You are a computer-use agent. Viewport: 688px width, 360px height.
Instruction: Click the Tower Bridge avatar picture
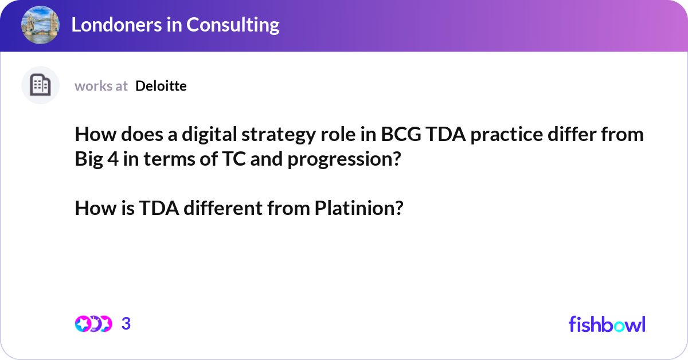tap(40, 25)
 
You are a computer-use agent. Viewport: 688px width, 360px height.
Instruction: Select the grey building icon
tap(40, 85)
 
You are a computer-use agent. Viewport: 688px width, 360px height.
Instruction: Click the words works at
tap(101, 86)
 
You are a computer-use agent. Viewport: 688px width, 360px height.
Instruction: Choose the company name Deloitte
tap(161, 86)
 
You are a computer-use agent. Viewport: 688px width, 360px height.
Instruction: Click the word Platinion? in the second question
tap(359, 208)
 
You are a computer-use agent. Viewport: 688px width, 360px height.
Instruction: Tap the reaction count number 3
tap(126, 324)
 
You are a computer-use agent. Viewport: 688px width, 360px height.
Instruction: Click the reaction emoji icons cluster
tap(93, 324)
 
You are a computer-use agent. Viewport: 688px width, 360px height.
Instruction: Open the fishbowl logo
tap(607, 324)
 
